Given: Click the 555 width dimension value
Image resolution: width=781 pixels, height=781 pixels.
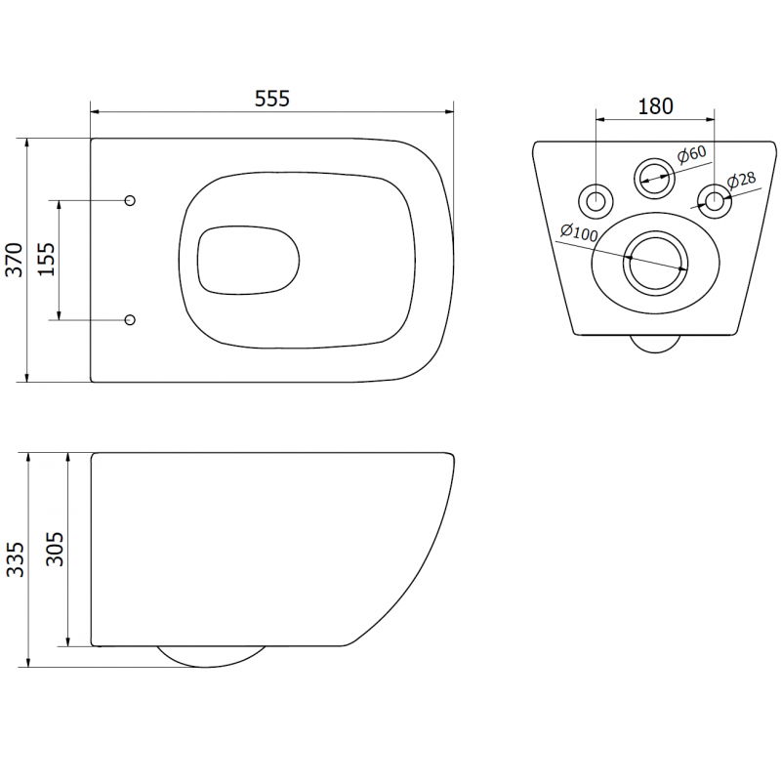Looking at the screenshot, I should tap(272, 99).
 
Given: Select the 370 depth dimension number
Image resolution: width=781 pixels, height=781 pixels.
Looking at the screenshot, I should tap(14, 260).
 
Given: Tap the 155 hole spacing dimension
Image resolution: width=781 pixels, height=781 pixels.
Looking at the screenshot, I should tap(46, 259).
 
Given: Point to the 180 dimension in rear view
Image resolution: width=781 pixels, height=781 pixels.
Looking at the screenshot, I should tap(655, 107).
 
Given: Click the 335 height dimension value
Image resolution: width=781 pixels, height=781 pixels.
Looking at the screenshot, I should tap(14, 559).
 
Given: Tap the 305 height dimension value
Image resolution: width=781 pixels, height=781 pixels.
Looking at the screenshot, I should tap(54, 550).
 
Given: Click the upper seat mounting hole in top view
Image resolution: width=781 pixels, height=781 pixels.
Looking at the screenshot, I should tap(131, 200).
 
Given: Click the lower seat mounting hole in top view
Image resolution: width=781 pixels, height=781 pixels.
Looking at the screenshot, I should tap(131, 318).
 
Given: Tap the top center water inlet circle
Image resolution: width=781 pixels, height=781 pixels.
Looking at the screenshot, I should tap(654, 177).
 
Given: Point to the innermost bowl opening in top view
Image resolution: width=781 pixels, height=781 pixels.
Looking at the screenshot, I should tap(246, 261).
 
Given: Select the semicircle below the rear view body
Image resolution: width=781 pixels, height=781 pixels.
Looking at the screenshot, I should tap(655, 343).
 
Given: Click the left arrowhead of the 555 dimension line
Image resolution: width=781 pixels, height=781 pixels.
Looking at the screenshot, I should tap(95, 110).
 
